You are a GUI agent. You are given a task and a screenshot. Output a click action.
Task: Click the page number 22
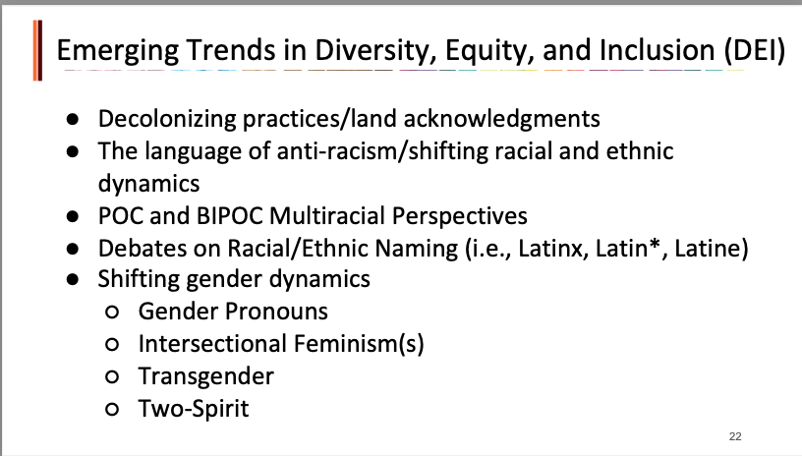(735, 436)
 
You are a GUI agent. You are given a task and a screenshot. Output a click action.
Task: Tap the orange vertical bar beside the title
(37, 50)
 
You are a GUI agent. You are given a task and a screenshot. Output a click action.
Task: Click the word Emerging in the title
(118, 50)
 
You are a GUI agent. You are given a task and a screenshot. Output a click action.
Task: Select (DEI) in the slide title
(755, 50)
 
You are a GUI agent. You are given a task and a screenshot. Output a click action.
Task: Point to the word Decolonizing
(167, 119)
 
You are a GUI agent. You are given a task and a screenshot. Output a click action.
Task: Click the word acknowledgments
(502, 119)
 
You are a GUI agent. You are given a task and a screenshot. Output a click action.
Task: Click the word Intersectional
(211, 344)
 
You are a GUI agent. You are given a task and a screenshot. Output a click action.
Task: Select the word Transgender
(206, 376)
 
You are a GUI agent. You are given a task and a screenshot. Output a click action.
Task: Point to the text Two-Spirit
(194, 409)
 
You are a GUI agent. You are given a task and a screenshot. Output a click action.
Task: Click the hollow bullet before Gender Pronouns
(112, 312)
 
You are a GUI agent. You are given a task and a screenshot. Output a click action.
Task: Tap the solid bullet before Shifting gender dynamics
(73, 279)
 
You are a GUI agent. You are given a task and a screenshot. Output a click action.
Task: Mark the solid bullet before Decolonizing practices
(73, 119)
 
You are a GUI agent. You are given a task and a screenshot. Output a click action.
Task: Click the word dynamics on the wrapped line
(148, 184)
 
